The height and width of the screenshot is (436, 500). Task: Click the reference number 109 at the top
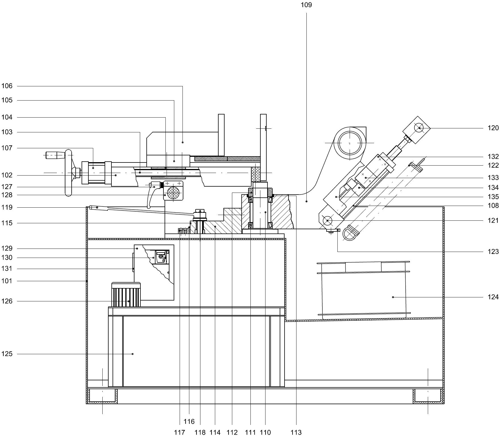tap(306, 5)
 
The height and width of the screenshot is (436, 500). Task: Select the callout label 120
tap(493, 128)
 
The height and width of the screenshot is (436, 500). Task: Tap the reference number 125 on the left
tap(7, 354)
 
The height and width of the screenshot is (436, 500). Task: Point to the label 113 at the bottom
tap(296, 432)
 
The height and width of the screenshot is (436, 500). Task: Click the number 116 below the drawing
tap(189, 422)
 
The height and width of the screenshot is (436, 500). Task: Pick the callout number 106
tap(7, 86)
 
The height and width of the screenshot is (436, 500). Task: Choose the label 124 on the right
tap(493, 297)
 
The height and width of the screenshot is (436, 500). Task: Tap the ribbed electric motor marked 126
tap(126, 295)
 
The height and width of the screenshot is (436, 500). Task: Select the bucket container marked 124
tap(363, 290)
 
